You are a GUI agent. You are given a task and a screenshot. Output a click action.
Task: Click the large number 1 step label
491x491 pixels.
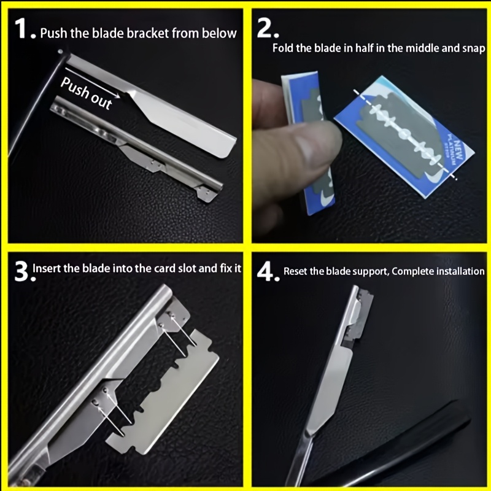[x=22, y=28]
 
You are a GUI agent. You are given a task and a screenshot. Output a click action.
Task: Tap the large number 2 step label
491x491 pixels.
[x=266, y=28]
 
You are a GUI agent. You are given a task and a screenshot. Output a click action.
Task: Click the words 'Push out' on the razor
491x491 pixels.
[x=86, y=93]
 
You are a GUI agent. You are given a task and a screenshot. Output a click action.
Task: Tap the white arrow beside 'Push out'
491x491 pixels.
[x=93, y=83]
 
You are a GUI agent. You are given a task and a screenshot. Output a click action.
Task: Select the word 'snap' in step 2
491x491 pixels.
[x=474, y=48]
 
